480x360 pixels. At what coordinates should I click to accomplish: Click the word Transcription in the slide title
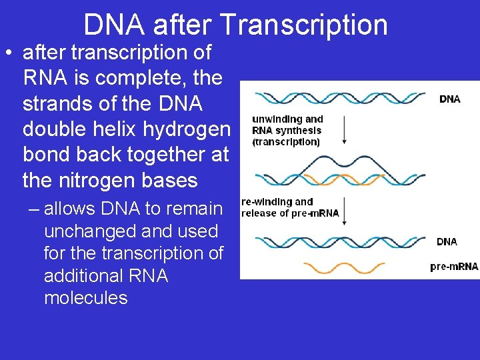[304, 25]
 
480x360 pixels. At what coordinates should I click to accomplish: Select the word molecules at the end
[85, 297]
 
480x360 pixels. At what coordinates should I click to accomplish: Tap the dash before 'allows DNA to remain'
[35, 209]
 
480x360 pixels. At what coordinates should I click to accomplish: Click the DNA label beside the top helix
[449, 99]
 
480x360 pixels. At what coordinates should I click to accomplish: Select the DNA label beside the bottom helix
[447, 241]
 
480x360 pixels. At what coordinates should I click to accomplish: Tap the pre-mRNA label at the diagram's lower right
[454, 267]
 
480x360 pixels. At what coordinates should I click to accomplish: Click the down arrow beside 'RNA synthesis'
[344, 130]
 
